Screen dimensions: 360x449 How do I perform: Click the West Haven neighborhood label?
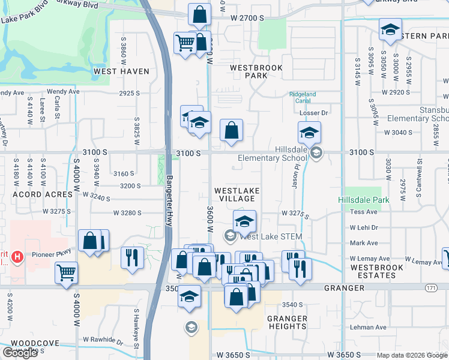click(x=121, y=71)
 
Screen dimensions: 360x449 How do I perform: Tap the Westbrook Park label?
click(x=256, y=72)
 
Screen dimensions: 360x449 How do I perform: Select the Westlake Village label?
click(x=237, y=194)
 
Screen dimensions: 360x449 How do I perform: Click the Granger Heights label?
click(x=288, y=322)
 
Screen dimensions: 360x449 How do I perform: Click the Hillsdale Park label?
click(x=363, y=200)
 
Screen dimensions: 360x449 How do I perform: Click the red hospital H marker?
click(x=17, y=257)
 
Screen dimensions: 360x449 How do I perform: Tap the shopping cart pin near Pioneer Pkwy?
click(x=67, y=272)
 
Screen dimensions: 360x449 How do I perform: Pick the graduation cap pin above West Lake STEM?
click(x=244, y=221)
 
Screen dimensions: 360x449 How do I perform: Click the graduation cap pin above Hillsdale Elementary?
click(x=309, y=132)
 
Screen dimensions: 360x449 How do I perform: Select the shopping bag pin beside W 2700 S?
click(x=199, y=13)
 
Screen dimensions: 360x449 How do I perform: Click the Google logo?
click(x=20, y=353)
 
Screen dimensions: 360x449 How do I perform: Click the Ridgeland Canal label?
click(x=302, y=97)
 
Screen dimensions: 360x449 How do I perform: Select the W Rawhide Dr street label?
click(x=103, y=340)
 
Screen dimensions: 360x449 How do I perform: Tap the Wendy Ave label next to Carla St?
click(x=62, y=92)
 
